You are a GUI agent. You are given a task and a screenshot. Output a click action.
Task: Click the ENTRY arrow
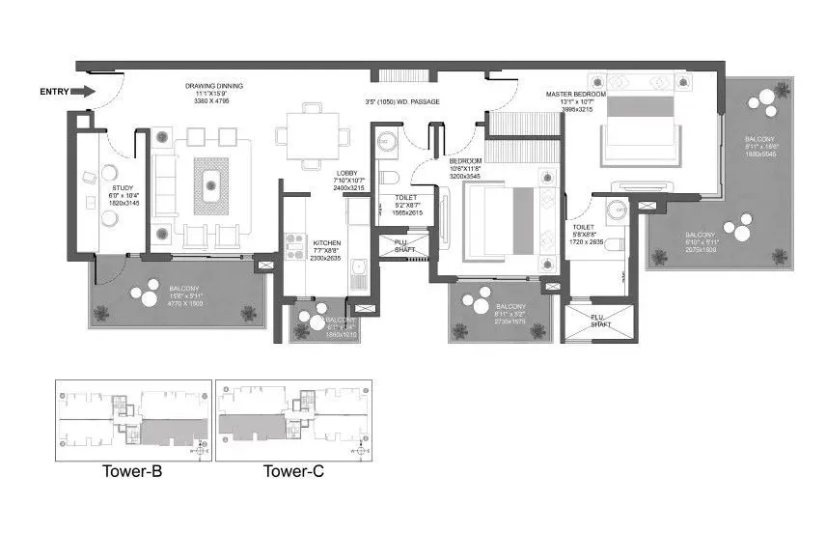pyautogui.click(x=84, y=92)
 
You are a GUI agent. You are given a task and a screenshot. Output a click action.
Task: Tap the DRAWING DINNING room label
pyautogui.click(x=214, y=86)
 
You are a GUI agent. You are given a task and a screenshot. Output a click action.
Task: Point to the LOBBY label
pyautogui.click(x=346, y=173)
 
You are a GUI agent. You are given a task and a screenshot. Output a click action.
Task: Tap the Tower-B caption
pyautogui.click(x=131, y=472)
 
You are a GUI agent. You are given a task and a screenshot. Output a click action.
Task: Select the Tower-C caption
pyautogui.click(x=293, y=472)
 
